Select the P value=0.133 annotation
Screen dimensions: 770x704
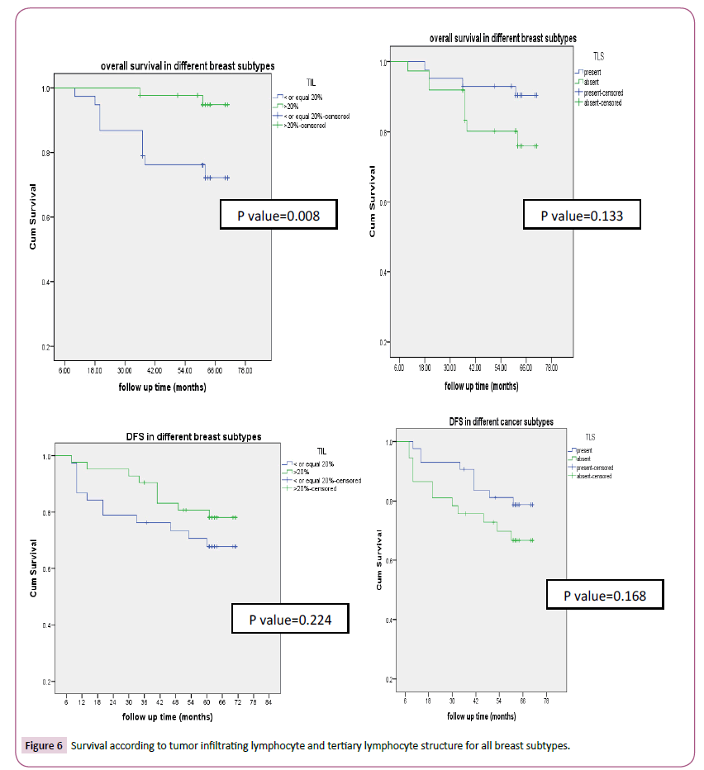(581, 216)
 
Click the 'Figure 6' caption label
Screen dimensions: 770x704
(44, 745)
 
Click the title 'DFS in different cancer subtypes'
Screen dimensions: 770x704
(501, 422)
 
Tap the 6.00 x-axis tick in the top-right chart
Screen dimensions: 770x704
(399, 367)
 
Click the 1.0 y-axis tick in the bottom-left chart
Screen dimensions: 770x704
(46, 456)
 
